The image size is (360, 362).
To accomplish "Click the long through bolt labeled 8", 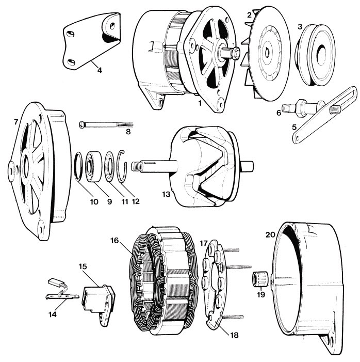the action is coord(106,124).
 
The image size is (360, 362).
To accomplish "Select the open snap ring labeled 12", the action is coord(122,166).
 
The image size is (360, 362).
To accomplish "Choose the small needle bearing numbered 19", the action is coord(260,279).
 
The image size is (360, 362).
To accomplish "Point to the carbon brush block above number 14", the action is coord(55,282).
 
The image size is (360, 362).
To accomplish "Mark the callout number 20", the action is coord(270,235).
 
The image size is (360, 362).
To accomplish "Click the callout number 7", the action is coord(15,122).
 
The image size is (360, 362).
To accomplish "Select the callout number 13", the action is coord(166,194).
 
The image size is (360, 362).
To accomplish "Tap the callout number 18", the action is coord(234,335).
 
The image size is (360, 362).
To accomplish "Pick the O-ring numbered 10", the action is coord(78,166).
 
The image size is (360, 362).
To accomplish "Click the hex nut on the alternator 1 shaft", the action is coord(236,52).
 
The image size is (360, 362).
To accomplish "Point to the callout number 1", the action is coord(200,103).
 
